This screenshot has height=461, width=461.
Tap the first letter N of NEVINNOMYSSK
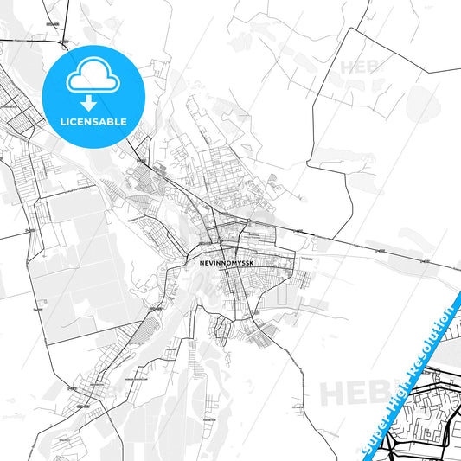(190, 259)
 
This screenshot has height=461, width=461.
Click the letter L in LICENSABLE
(61, 121)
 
